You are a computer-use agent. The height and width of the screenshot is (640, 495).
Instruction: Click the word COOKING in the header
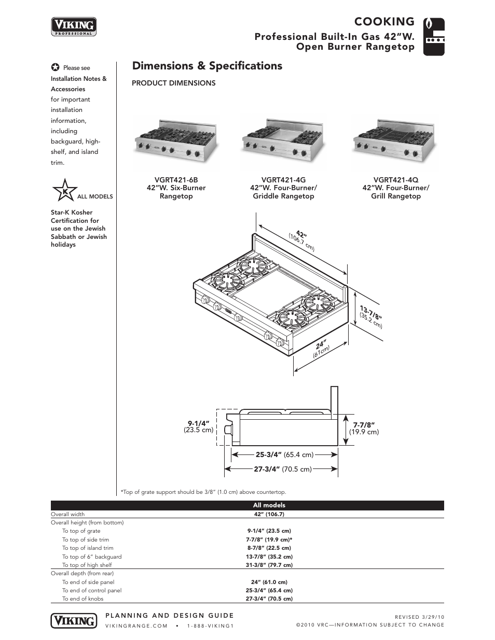[384, 22]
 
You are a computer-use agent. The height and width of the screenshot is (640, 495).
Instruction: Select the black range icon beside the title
[434, 37]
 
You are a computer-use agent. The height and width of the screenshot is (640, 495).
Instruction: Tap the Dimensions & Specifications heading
[207, 66]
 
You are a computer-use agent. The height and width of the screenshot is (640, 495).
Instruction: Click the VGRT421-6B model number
[176, 179]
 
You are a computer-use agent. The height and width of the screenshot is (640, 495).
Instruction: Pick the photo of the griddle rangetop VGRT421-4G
[283, 140]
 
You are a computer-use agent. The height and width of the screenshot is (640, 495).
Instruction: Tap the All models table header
[269, 505]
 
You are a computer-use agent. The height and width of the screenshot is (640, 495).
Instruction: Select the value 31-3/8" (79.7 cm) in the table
[269, 565]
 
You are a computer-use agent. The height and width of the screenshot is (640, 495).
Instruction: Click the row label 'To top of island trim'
[88, 548]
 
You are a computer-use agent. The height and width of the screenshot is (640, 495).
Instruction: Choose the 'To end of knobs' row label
[82, 599]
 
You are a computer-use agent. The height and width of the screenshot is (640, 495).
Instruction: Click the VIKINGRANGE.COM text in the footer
[136, 625]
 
